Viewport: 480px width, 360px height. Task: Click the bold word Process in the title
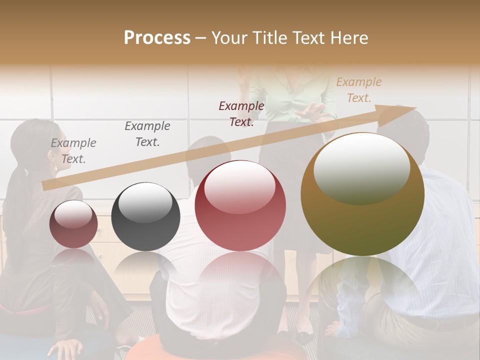[157, 38]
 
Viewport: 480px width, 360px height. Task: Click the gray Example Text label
[73, 151]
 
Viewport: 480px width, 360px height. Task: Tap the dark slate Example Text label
[147, 134]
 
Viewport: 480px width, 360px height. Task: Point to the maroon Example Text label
[241, 113]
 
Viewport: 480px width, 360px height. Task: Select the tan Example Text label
[358, 90]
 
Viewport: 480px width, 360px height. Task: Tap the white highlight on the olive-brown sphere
[361, 167]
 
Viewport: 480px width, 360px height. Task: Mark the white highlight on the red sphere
[240, 186]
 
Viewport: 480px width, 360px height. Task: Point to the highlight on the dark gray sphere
[145, 201]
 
